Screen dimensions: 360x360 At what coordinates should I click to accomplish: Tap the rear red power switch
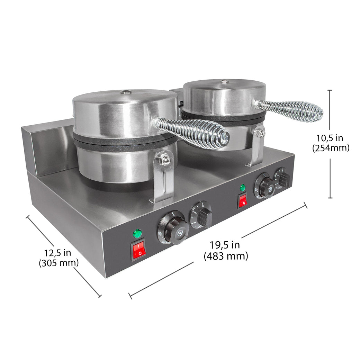coord(243,200)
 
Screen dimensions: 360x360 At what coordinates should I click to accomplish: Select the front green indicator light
coord(137,234)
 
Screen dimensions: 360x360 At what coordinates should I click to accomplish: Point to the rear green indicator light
coord(243,188)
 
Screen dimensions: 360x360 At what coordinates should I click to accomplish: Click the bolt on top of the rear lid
coord(224,82)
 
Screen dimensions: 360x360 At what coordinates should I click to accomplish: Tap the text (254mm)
coord(331,148)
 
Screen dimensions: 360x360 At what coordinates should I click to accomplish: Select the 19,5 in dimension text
coord(225,245)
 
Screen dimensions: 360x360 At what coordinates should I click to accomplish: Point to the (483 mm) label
coord(226,256)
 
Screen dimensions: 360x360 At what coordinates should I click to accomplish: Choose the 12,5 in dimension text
coord(58,252)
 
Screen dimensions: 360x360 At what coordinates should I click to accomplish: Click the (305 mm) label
coord(58,263)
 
